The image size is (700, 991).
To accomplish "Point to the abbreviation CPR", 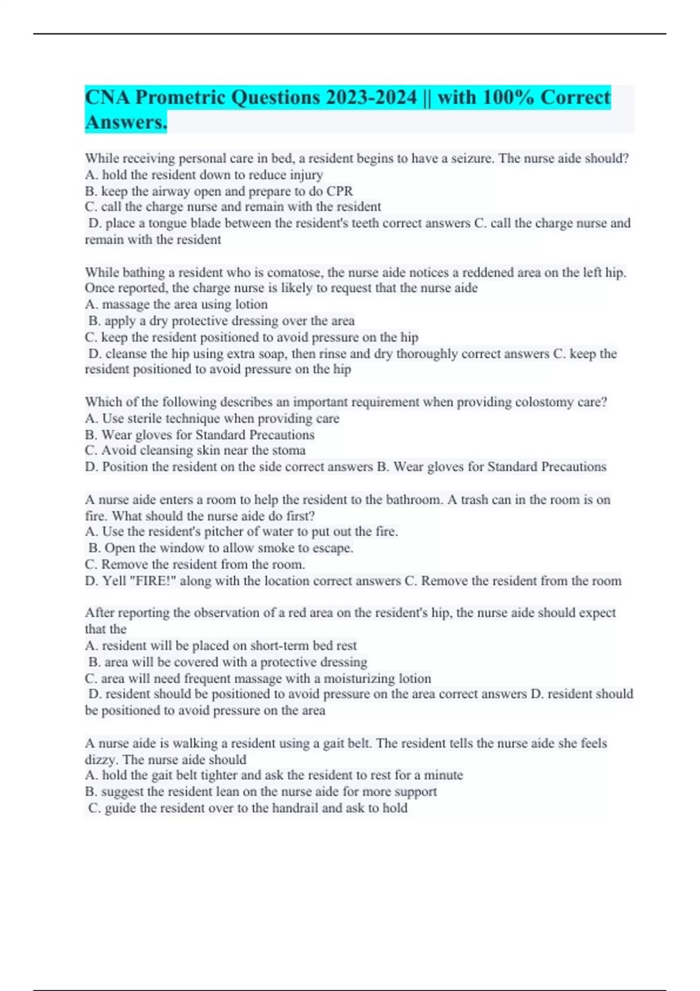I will pos(339,191).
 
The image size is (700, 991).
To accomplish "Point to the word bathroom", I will pos(414,500).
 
